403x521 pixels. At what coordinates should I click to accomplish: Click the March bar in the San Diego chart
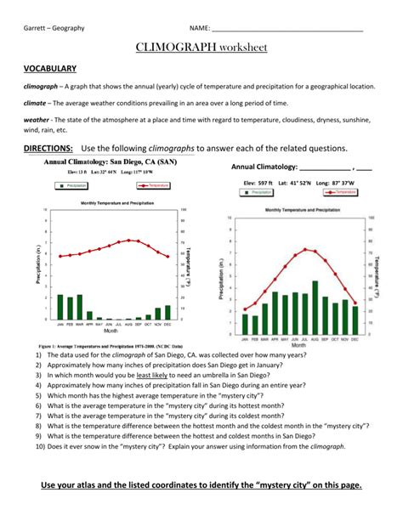[80, 307]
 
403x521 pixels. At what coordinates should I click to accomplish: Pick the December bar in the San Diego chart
[167, 312]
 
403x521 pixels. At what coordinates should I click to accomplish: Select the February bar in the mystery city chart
[256, 323]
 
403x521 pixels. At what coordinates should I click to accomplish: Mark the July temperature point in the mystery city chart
[305, 249]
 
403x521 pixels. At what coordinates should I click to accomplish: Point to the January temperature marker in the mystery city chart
[246, 309]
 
